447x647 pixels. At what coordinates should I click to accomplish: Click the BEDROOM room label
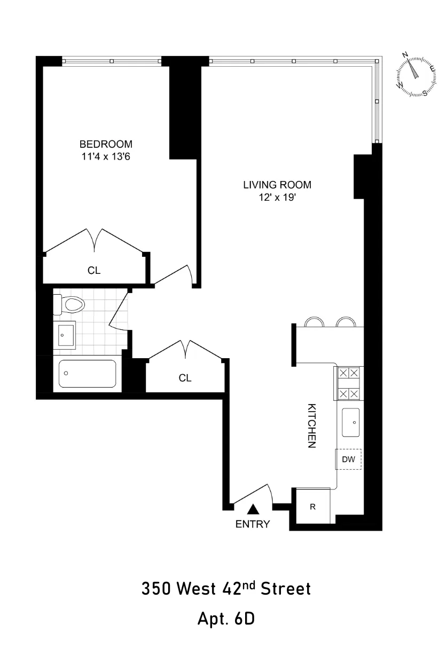[x=106, y=144]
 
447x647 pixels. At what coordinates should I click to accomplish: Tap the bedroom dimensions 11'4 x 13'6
[x=106, y=156]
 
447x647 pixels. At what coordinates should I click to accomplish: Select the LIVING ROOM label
[x=277, y=185]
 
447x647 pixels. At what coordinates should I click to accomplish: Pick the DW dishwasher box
[x=348, y=459]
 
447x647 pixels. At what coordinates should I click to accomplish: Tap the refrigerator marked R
[x=313, y=507]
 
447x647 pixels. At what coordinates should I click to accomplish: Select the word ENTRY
[x=253, y=524]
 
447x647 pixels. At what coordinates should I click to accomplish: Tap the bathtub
[x=87, y=374]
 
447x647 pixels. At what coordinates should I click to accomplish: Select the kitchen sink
[x=351, y=422]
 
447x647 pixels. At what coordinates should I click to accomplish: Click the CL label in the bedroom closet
[x=94, y=271]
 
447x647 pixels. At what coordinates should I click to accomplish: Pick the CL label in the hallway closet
[x=185, y=378]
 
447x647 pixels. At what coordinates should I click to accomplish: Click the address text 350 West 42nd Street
[x=226, y=589]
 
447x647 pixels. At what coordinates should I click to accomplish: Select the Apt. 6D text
[x=226, y=619]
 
